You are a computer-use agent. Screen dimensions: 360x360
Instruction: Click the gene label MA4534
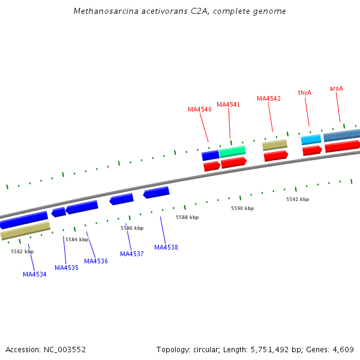tap(35, 274)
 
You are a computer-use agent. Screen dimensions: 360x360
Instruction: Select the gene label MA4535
tap(67, 268)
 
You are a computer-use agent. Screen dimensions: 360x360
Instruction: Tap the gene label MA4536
tap(96, 261)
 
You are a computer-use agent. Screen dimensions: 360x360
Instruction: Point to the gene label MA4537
tap(132, 254)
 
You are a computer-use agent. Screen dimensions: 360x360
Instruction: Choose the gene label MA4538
tap(166, 247)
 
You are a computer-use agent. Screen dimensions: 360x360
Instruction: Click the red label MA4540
tap(200, 109)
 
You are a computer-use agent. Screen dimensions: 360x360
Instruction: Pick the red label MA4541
tap(228, 104)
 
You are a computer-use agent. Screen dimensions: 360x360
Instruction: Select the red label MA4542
tap(269, 98)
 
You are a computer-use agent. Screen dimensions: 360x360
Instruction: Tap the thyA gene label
tap(305, 92)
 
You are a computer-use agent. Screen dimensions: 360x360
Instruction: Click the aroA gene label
tap(337, 88)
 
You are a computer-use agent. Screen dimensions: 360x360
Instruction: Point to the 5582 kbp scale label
tap(22, 251)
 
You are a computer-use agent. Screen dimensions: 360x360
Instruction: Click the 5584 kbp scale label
tap(77, 239)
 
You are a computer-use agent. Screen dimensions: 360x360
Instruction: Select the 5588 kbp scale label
tap(187, 217)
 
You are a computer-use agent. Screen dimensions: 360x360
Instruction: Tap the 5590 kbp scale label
tap(242, 208)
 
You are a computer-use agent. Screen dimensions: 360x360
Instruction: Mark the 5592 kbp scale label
tap(298, 199)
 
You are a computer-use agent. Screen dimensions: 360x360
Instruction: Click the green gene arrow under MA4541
tap(232, 151)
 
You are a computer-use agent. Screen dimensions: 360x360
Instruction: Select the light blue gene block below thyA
tap(311, 139)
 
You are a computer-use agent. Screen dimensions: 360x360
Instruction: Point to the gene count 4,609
tap(343, 349)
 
